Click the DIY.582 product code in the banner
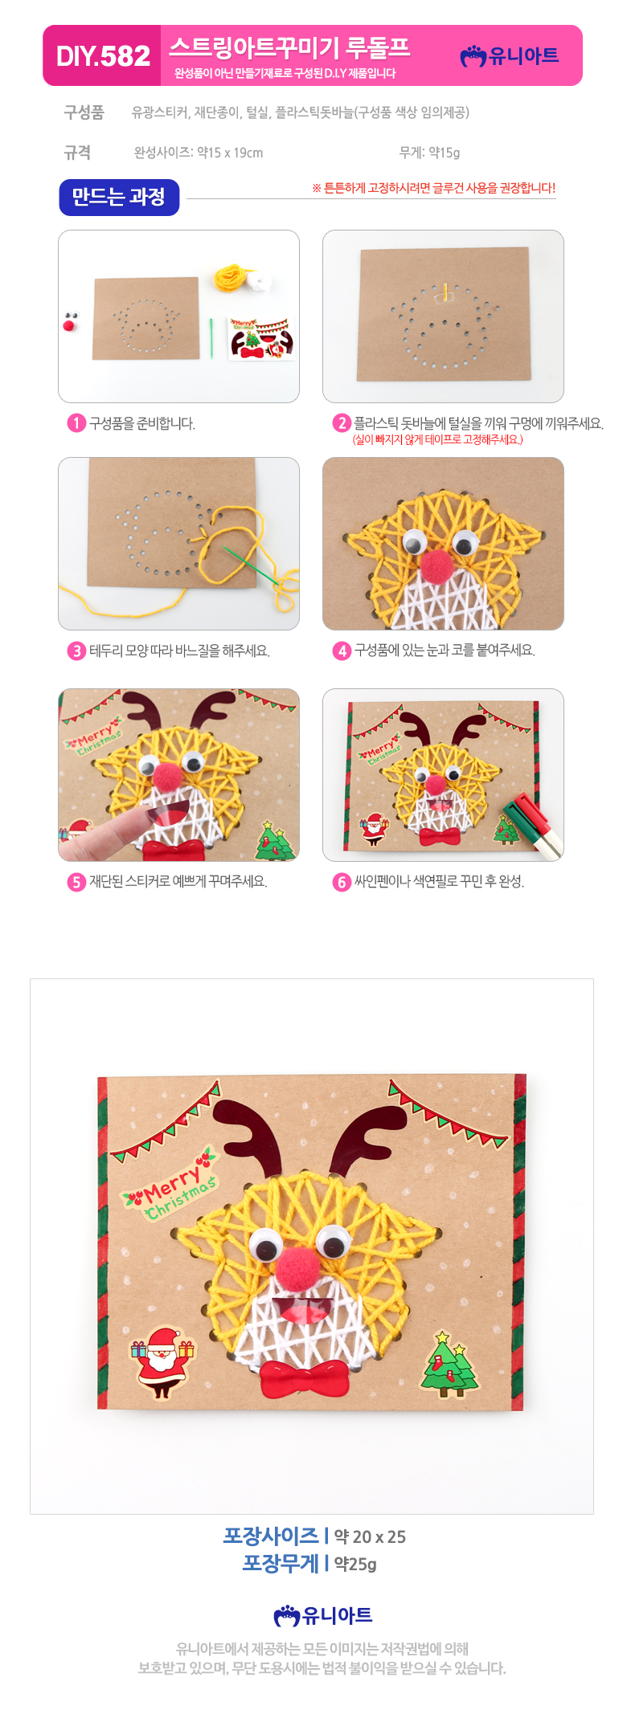[x=103, y=55]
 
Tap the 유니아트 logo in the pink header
[x=509, y=55]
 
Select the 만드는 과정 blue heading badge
[x=119, y=197]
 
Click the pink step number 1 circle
[x=76, y=423]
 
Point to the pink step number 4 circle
[x=342, y=650]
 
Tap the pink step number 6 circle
[x=342, y=881]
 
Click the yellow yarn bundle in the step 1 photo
[x=231, y=278]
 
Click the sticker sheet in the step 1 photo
[x=262, y=337]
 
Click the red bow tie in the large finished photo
[x=305, y=1378]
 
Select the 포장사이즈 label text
[x=271, y=1536]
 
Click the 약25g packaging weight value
[x=355, y=1564]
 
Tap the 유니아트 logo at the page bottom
[x=323, y=1615]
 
